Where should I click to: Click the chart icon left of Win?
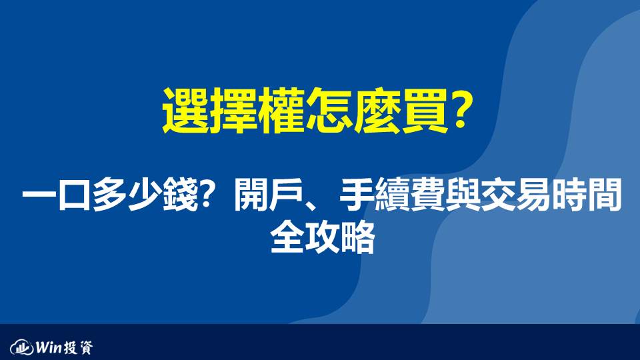tap(21, 347)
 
